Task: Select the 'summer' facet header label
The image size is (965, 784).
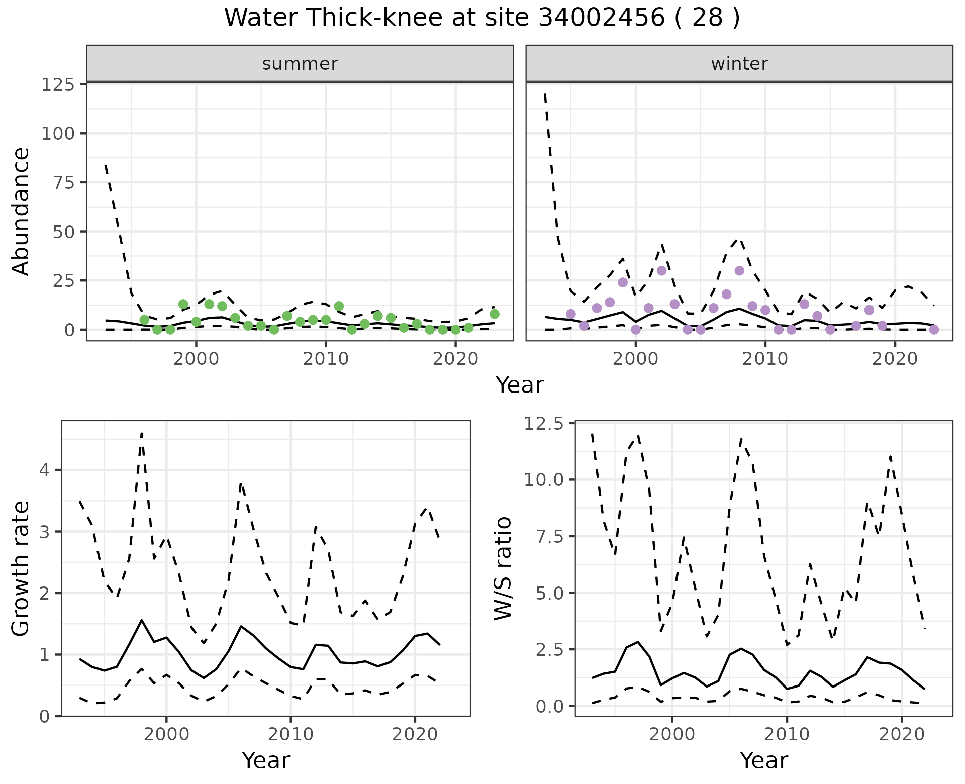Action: pos(300,64)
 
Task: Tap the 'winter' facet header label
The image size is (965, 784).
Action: pos(739,64)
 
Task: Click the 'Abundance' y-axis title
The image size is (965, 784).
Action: pos(21,211)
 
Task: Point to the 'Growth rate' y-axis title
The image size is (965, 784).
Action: pos(21,568)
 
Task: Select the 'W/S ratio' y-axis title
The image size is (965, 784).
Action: pos(503,568)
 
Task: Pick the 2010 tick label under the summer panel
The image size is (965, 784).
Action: pos(326,359)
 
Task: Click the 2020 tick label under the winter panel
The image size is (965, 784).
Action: pos(895,359)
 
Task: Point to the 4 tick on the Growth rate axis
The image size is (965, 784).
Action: pos(45,470)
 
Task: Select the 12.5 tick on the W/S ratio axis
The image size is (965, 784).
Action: pos(545,424)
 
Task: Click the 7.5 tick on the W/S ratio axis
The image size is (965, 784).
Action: pos(550,536)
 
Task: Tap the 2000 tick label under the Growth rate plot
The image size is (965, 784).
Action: pos(166,734)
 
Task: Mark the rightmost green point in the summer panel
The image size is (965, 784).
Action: pos(494,314)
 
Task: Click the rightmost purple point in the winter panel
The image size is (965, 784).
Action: pos(934,330)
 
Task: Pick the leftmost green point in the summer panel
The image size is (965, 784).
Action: pos(144,320)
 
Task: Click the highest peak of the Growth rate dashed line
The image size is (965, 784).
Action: pos(142,433)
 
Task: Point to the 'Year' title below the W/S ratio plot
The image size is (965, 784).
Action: pos(763,761)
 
